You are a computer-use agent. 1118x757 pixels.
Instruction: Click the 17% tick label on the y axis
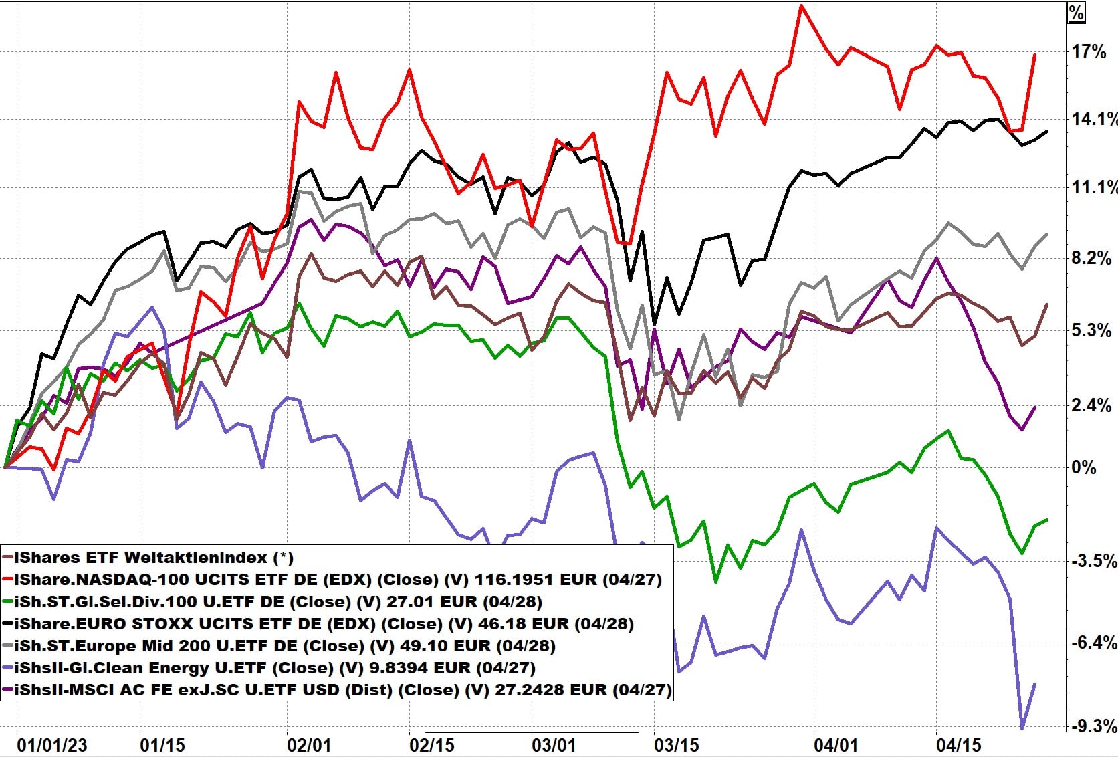(1089, 51)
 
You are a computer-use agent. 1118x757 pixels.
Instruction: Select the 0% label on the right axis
(1084, 467)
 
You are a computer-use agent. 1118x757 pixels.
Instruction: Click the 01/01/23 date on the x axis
(51, 745)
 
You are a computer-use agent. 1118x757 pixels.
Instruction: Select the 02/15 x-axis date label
(431, 745)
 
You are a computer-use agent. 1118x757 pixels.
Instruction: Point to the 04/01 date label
(836, 745)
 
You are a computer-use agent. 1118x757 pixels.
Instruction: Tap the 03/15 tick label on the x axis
(676, 745)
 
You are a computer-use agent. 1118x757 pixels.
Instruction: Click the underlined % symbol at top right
(1076, 13)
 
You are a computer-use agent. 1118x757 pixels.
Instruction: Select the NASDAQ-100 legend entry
(338, 579)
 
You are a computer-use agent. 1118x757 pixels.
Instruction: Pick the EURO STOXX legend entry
(324, 623)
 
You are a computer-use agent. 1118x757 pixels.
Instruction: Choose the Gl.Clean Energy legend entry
(274, 667)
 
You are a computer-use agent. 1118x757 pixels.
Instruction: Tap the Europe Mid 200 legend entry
(285, 645)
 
